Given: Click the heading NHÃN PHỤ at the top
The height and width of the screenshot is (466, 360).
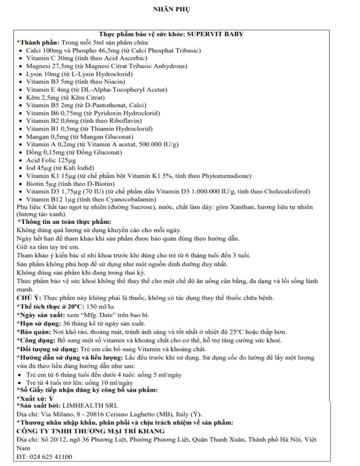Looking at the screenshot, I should [180, 9].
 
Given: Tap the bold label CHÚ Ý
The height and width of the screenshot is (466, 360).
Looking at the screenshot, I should [27, 300].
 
